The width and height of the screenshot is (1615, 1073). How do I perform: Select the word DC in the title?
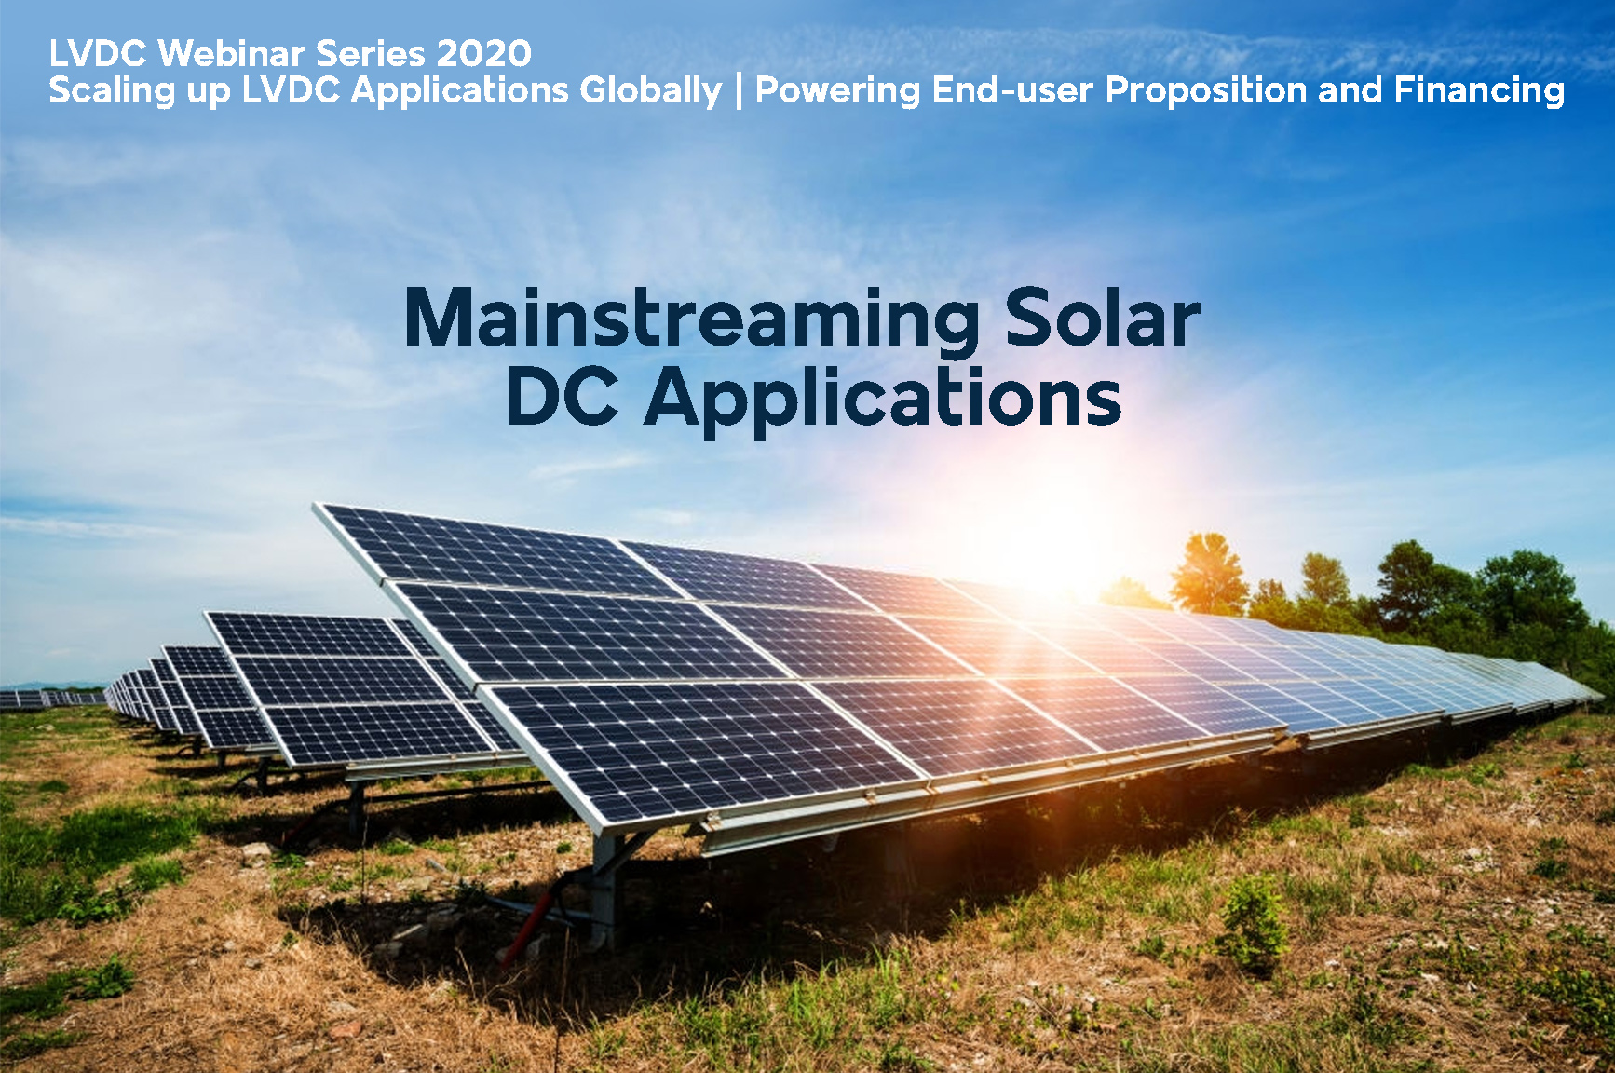[x=562, y=398]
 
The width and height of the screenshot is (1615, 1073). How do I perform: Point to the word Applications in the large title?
[x=883, y=401]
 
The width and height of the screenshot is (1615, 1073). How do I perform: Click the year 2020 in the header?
[x=484, y=54]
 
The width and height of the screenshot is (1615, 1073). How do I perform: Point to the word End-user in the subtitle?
[x=1012, y=90]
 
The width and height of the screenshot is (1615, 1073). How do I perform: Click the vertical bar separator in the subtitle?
[x=739, y=91]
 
